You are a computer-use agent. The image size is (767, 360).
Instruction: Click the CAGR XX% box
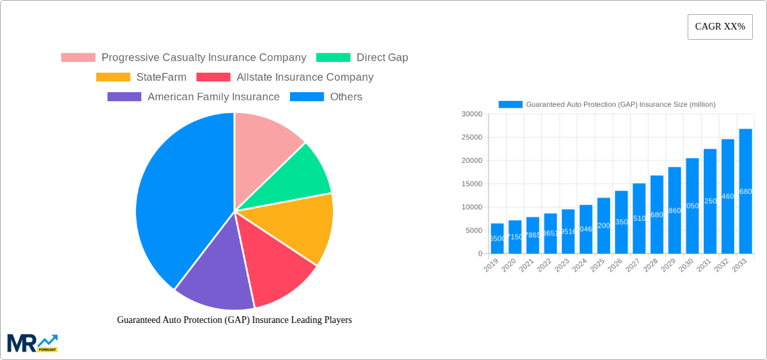719,27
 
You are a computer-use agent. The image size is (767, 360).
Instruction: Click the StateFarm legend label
161,77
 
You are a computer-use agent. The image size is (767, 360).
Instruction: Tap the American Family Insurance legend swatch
124,97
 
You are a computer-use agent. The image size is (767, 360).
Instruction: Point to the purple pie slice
212,276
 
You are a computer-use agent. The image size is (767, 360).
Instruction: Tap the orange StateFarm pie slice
303,225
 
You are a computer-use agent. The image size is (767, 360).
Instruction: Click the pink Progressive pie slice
266,141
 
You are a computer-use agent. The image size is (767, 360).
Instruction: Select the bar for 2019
497,238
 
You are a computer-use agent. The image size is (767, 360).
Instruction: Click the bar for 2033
745,191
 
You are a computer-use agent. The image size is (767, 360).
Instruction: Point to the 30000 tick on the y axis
472,114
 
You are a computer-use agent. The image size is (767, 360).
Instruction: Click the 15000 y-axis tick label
472,184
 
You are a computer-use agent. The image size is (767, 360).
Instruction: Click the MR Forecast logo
32,343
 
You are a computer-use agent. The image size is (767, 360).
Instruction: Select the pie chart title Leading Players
234,320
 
